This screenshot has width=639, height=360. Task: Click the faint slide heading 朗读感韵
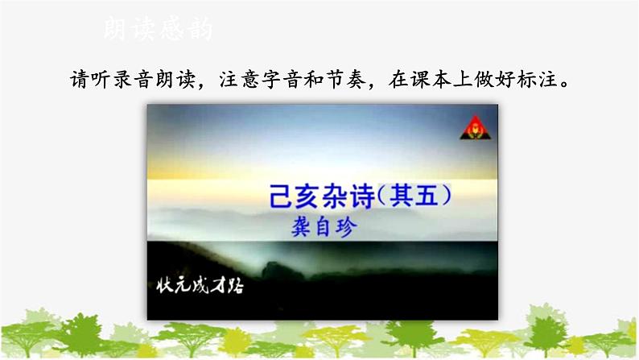tap(158, 31)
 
